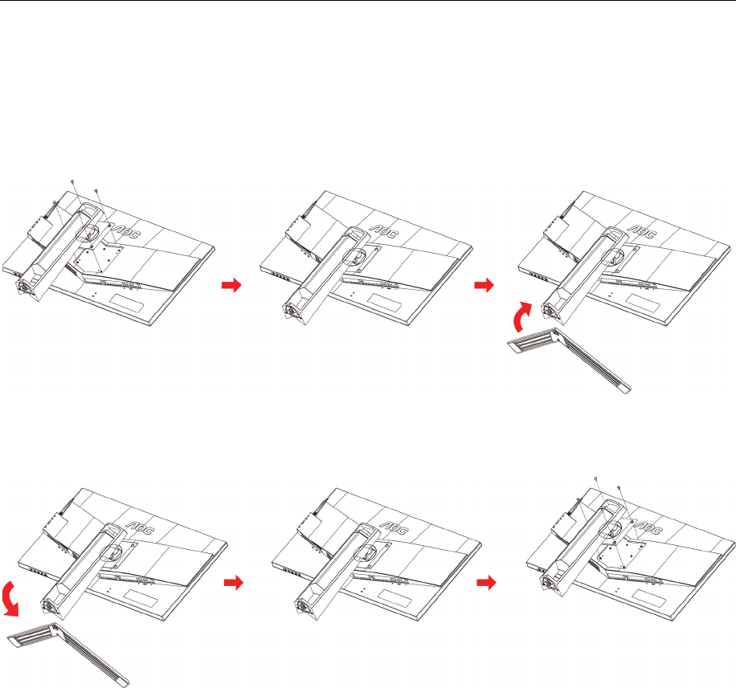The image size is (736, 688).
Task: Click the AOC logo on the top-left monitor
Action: pyautogui.click(x=126, y=230)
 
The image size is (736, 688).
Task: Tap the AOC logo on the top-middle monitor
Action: pyautogui.click(x=384, y=231)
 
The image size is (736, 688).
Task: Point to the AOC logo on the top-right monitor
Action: pyautogui.click(x=643, y=232)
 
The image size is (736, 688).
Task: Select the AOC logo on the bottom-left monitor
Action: pyautogui.click(x=141, y=528)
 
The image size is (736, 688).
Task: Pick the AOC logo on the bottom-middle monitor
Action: pyautogui.click(x=395, y=528)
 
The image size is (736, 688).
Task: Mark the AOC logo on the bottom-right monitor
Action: pyautogui.click(x=649, y=528)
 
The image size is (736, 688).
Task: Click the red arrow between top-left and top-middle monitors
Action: pyautogui.click(x=231, y=285)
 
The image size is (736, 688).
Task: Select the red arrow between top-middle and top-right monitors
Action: pyautogui.click(x=485, y=285)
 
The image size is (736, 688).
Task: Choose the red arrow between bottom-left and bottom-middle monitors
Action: pyautogui.click(x=233, y=583)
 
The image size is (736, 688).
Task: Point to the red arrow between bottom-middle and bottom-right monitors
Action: pyautogui.click(x=486, y=583)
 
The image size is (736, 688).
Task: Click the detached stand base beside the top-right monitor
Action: pyautogui.click(x=570, y=358)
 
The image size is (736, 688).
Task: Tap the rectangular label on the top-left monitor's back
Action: pyautogui.click(x=127, y=302)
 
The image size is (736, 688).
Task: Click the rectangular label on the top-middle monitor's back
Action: pyautogui.click(x=384, y=303)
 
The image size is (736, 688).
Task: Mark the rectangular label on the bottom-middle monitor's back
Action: pyautogui.click(x=395, y=599)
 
